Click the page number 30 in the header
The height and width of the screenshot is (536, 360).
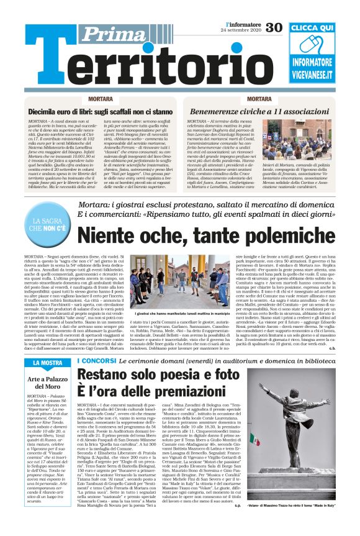274,27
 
